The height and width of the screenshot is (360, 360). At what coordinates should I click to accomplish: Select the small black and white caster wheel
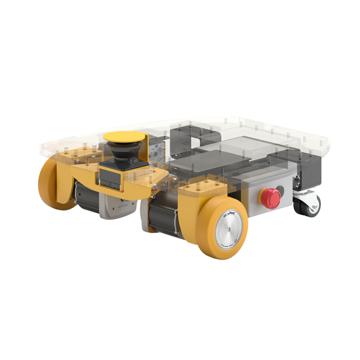(x=307, y=205)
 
